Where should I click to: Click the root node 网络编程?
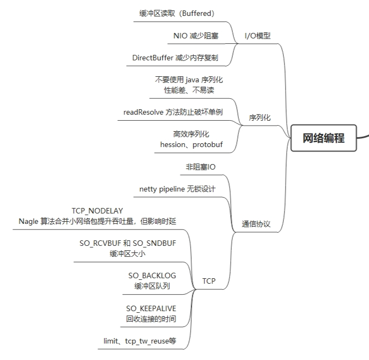click(323, 138)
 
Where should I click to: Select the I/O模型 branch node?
click(258, 36)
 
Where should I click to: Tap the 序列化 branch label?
click(260, 117)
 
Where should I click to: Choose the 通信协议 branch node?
click(256, 224)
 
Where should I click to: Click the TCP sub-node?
click(209, 281)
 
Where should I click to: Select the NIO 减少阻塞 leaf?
click(195, 36)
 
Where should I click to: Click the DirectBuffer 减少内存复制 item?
click(175, 58)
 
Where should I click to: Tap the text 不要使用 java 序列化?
click(189, 80)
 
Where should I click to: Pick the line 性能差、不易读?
click(189, 90)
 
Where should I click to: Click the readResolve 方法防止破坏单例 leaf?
click(173, 112)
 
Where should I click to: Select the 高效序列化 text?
click(191, 134)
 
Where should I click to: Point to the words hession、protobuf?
click(191, 144)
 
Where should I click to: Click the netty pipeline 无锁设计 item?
click(177, 189)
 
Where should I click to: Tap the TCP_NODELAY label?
click(97, 211)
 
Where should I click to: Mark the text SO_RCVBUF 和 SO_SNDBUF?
click(128, 243)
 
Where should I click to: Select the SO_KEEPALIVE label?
click(151, 308)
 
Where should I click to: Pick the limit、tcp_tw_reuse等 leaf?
click(140, 341)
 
